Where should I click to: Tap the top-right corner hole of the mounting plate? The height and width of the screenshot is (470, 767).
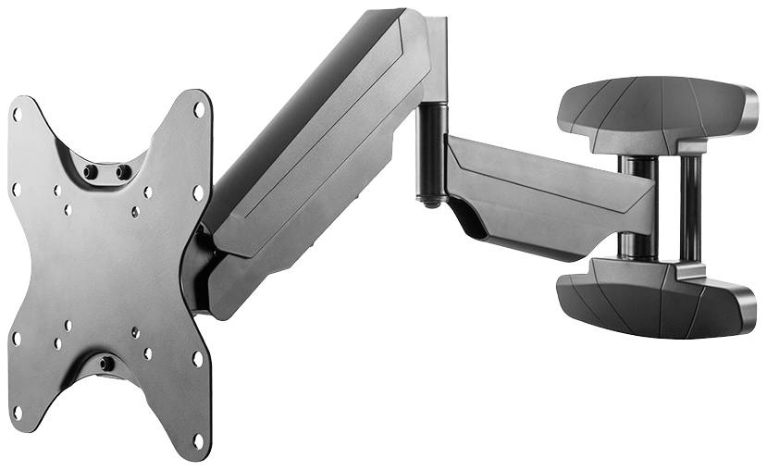click(198, 109)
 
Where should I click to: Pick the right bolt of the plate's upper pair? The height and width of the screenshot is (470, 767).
click(123, 171)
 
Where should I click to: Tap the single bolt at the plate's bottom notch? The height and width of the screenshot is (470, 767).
click(107, 364)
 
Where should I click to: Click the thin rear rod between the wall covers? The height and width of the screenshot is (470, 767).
click(689, 207)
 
